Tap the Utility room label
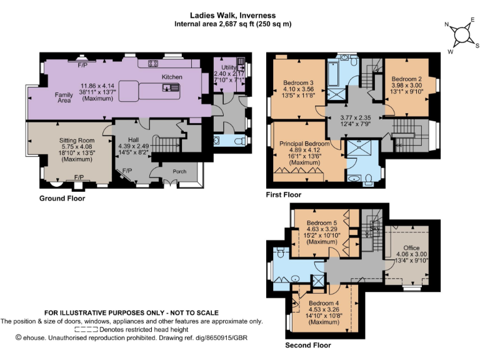[x=229, y=67]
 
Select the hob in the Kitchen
[x=153, y=63]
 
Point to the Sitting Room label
[x=77, y=141]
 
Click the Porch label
[x=179, y=171]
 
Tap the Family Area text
[x=64, y=97]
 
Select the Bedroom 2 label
[x=406, y=79]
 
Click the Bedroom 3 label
[x=298, y=82]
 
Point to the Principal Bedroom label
[x=304, y=144]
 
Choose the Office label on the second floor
[x=411, y=247]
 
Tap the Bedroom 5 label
[x=322, y=223]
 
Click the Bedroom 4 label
[x=324, y=303]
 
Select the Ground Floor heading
[x=62, y=198]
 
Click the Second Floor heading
[x=308, y=345]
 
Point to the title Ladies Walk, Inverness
[x=232, y=15]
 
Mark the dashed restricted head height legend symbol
[x=86, y=330]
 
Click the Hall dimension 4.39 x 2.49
[x=134, y=146]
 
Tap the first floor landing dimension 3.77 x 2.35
[x=356, y=118]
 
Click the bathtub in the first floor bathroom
[x=333, y=74]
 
